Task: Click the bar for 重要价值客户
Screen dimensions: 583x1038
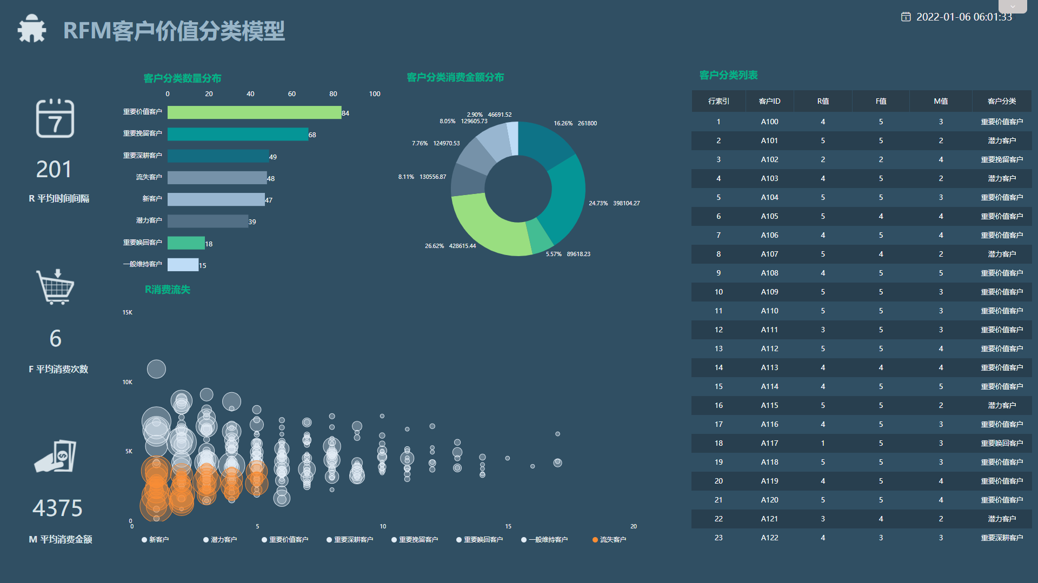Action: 254,112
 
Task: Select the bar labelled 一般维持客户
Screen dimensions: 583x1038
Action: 183,265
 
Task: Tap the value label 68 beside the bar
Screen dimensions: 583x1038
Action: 312,135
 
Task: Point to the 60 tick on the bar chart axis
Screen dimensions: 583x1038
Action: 292,94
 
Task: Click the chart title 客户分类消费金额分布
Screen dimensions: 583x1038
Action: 455,77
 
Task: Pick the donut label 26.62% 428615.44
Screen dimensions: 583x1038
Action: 450,246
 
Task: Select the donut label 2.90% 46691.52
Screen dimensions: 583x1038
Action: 489,115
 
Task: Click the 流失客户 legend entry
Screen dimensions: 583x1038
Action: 609,540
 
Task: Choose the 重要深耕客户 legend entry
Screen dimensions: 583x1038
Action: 350,540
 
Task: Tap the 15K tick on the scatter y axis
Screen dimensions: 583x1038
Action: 128,312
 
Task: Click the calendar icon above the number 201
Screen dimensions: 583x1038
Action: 55,118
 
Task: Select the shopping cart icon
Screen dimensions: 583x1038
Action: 55,287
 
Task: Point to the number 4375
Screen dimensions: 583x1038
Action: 57,508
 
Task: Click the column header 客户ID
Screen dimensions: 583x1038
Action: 769,101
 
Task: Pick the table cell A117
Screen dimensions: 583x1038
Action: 769,443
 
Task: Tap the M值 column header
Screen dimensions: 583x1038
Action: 941,101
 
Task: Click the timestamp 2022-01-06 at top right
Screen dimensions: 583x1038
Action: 963,17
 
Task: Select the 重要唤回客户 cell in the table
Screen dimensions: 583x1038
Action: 1002,443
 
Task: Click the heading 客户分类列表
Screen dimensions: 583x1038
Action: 728,75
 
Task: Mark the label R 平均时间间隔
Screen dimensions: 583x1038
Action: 59,198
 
